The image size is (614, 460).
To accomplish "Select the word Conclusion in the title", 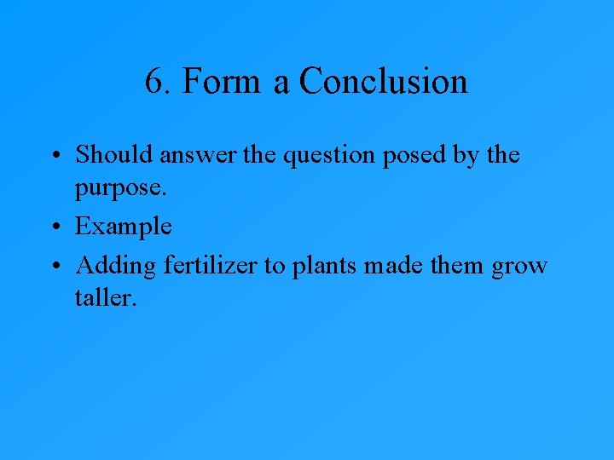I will coord(384,83).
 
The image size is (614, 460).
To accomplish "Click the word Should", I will coord(113,156).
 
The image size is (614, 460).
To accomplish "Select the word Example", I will coord(124,227).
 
